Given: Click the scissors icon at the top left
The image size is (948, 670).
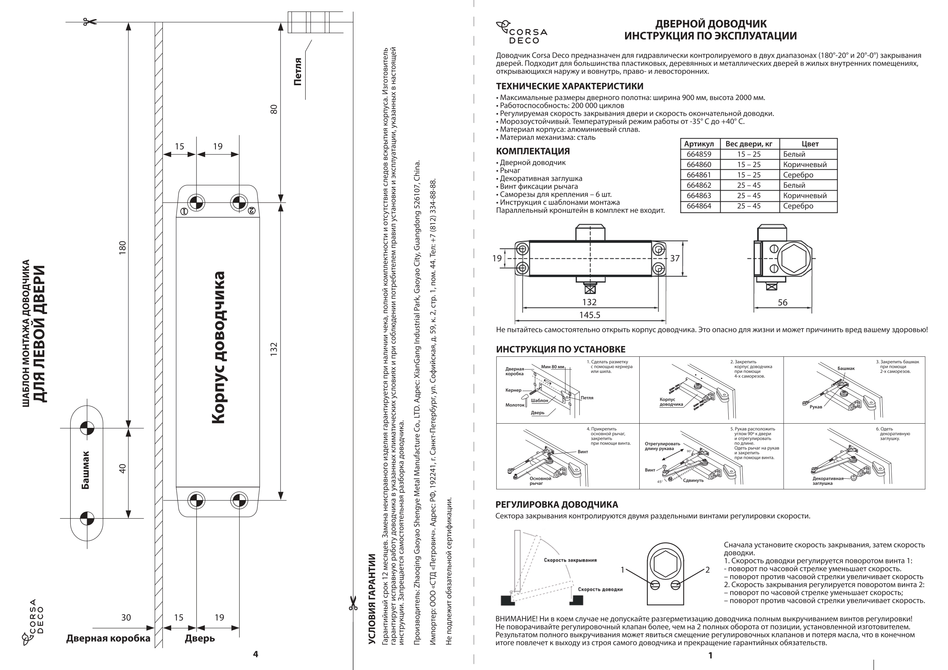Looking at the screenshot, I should [89, 22].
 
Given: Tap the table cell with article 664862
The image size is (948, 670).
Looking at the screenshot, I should [699, 185].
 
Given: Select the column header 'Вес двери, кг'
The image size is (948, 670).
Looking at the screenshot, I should [749, 144].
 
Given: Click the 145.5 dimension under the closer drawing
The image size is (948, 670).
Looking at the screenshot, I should [589, 315].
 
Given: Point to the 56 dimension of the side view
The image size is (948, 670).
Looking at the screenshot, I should [783, 302].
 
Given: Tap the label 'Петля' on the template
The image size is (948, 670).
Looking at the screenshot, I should [298, 72].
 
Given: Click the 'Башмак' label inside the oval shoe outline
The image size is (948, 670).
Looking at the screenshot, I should [86, 470].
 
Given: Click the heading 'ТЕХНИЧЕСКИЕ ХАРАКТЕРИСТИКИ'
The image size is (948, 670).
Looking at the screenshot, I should [569, 86].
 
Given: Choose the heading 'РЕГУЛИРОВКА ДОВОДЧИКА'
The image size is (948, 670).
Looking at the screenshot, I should [557, 505].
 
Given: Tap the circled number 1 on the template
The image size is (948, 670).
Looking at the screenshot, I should [184, 211].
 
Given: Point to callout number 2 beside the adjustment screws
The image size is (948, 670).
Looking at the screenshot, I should [707, 570].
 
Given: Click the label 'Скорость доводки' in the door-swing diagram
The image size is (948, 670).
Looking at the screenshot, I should [600, 589].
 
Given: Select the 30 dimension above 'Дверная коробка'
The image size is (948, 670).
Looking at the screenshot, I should [126, 618].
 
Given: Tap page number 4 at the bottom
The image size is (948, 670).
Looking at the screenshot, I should [255, 654].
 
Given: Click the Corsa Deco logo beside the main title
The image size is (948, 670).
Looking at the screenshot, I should [521, 32].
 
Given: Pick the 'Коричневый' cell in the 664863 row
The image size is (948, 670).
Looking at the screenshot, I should [805, 196].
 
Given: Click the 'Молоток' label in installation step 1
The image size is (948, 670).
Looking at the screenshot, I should [514, 405].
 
